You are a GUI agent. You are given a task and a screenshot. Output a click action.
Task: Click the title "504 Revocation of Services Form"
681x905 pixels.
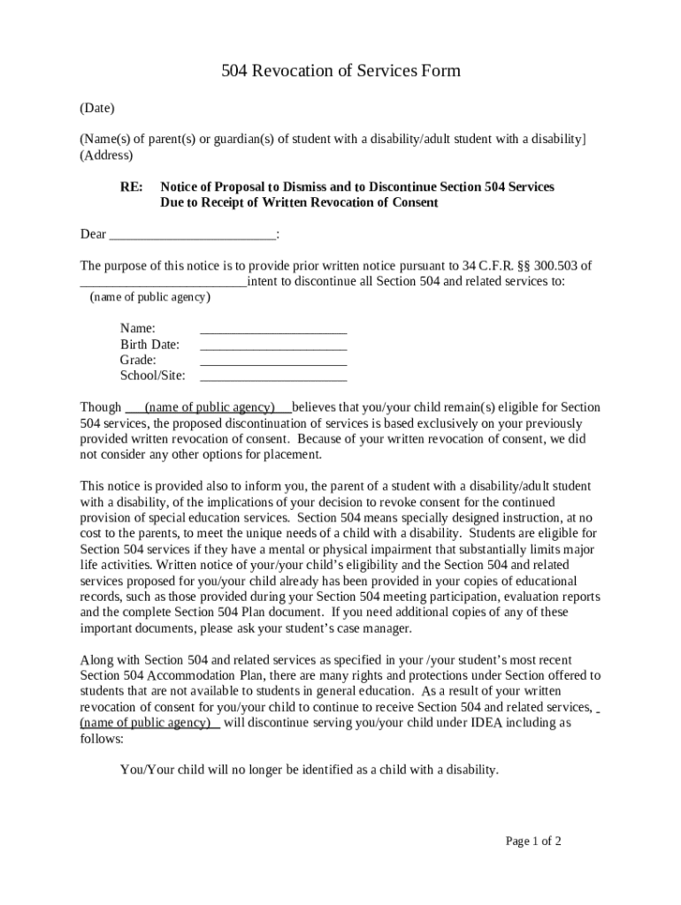[x=340, y=71]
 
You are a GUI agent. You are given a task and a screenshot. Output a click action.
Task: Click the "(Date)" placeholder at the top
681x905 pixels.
[x=97, y=108]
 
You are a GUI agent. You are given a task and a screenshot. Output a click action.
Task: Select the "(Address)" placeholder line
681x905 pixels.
[x=106, y=155]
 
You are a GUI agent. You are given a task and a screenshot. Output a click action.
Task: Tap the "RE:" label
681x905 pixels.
[x=132, y=186]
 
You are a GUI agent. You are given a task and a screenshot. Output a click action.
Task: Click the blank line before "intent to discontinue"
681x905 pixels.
[x=163, y=282]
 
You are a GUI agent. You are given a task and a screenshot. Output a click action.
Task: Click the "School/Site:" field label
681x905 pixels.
[x=152, y=376]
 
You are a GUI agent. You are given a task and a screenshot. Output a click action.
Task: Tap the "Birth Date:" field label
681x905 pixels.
[x=149, y=344]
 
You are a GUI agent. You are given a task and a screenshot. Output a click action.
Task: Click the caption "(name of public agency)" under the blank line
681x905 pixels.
[x=150, y=297]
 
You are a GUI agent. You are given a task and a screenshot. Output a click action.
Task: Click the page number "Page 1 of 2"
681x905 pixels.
[x=533, y=840]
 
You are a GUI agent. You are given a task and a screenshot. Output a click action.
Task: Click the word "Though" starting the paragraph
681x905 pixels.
[x=101, y=407]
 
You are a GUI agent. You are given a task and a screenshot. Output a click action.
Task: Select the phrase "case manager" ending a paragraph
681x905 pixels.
[x=374, y=628]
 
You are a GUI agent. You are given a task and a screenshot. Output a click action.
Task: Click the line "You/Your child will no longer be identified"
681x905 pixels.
[x=310, y=770]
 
